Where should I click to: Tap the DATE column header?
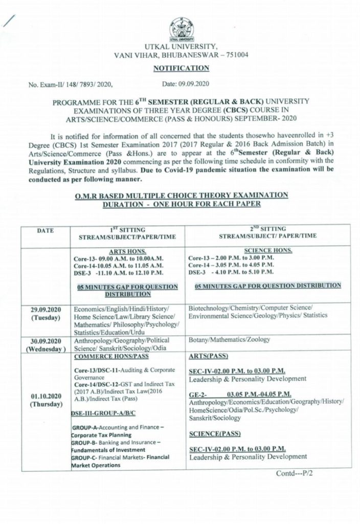(47, 231)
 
